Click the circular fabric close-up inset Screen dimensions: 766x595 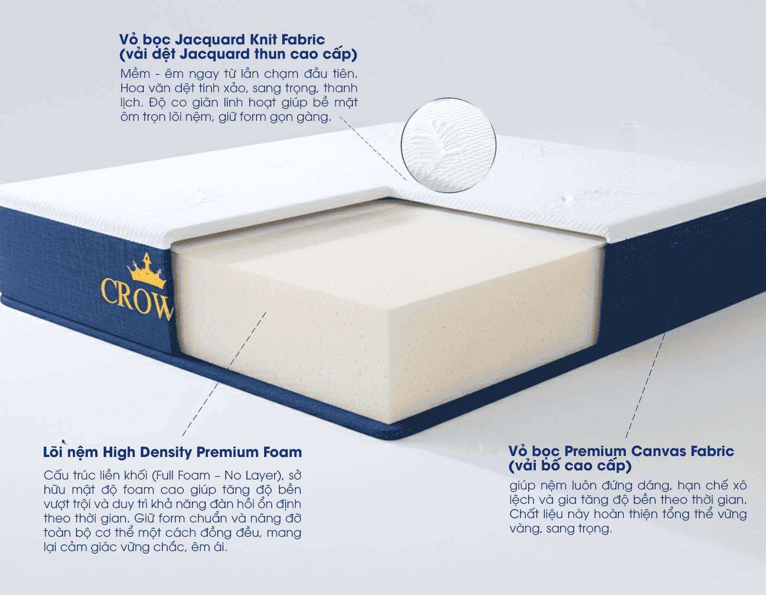pyautogui.click(x=448, y=145)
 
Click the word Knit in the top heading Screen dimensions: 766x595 pyautogui.click(x=264, y=39)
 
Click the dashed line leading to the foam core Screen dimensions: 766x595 pyautogui.click(x=224, y=373)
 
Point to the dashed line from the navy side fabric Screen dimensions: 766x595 pyautogui.click(x=652, y=368)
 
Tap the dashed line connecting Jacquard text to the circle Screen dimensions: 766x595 pyautogui.click(x=372, y=149)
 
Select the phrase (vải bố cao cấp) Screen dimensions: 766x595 pyautogui.click(x=570, y=466)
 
